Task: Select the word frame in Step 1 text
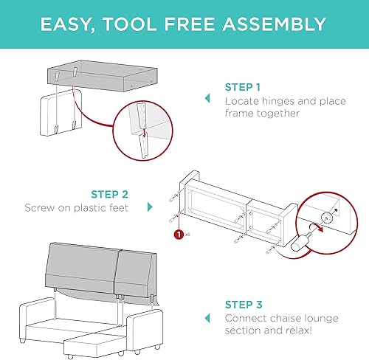coord(240,113)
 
